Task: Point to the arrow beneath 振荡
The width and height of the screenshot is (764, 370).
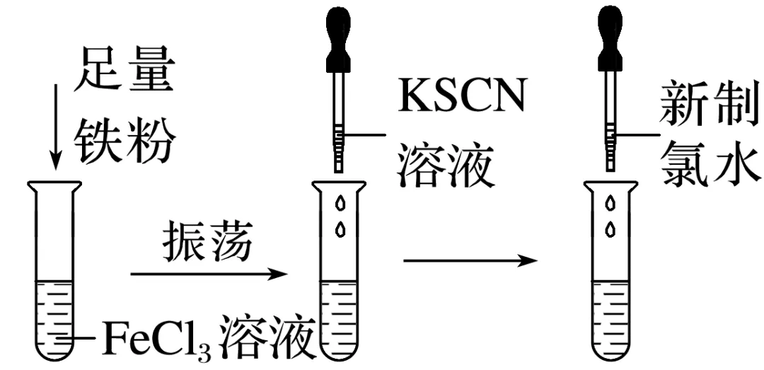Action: pos(209,274)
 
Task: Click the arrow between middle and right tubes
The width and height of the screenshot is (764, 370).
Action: pos(470,261)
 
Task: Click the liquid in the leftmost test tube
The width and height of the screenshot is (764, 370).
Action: pos(54,318)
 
